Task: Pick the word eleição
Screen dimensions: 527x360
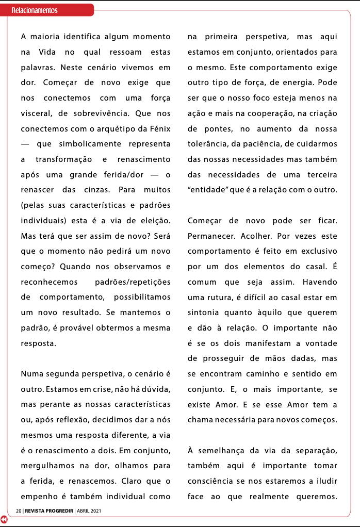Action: [x=154, y=221]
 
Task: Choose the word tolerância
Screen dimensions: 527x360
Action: [x=210, y=144]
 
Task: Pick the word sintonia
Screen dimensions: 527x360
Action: [x=206, y=312]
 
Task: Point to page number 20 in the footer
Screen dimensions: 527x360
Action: [x=19, y=511]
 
